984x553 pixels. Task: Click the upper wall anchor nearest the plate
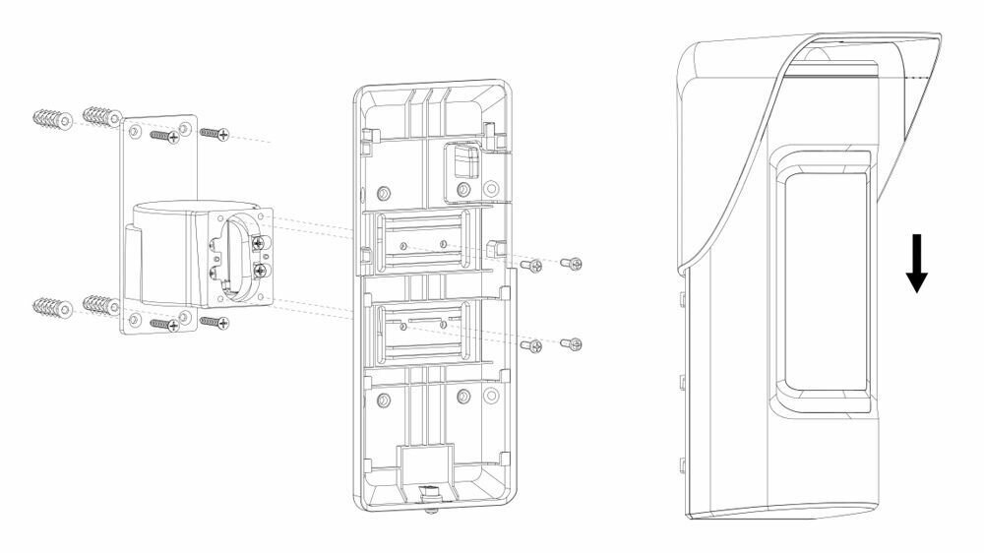[x=103, y=117]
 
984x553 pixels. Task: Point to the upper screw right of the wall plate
[x=215, y=132]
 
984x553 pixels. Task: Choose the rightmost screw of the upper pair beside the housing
[x=572, y=263]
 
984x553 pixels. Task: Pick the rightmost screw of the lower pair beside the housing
[x=572, y=343]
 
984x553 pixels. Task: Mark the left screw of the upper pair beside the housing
[x=531, y=265]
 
